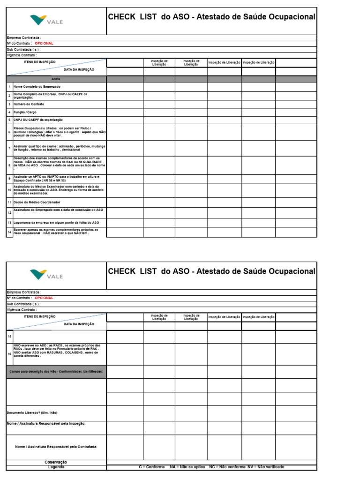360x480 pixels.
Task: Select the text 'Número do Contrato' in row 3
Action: click(29, 104)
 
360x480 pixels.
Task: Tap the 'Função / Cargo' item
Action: click(25, 112)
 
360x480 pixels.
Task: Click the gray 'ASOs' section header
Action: click(56, 79)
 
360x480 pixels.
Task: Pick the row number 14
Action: click(9, 232)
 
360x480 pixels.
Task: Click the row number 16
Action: click(9, 354)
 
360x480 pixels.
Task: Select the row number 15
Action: click(9, 337)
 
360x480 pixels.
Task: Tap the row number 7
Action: click(9, 148)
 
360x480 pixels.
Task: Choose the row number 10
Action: click(9, 190)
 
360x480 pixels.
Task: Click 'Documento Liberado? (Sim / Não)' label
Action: click(32, 412)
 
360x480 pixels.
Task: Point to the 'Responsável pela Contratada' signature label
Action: click(56, 447)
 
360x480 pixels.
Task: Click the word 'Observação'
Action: click(56, 462)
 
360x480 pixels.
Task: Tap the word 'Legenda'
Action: click(56, 467)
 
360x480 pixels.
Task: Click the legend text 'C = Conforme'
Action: click(152, 467)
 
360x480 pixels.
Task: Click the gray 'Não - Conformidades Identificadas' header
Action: click(56, 371)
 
